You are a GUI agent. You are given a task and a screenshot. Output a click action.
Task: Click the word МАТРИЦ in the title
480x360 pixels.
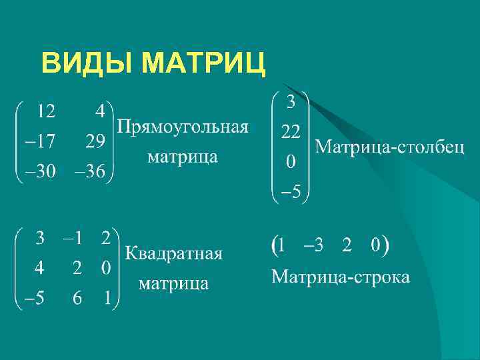[204, 64]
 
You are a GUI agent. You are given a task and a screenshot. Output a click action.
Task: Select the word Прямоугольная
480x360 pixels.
[183, 127]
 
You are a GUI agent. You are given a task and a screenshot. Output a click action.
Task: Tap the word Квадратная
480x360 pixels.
[174, 253]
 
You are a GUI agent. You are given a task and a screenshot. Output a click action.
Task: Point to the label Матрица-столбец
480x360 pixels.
[389, 146]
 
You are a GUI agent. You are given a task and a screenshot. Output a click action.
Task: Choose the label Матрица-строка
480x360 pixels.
[340, 276]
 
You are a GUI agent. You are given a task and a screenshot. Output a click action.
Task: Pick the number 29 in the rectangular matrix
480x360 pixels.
[95, 141]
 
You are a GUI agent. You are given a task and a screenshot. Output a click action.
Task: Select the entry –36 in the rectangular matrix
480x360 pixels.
[89, 172]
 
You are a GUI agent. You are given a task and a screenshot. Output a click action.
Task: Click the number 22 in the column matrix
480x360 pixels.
[290, 133]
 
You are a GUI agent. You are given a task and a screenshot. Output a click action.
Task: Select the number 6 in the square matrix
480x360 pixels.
[77, 299]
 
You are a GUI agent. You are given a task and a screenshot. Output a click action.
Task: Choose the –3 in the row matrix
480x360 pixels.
[313, 245]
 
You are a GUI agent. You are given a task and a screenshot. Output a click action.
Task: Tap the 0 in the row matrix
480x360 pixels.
[376, 245]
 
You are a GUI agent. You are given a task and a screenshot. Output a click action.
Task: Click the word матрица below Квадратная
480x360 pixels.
[173, 283]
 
